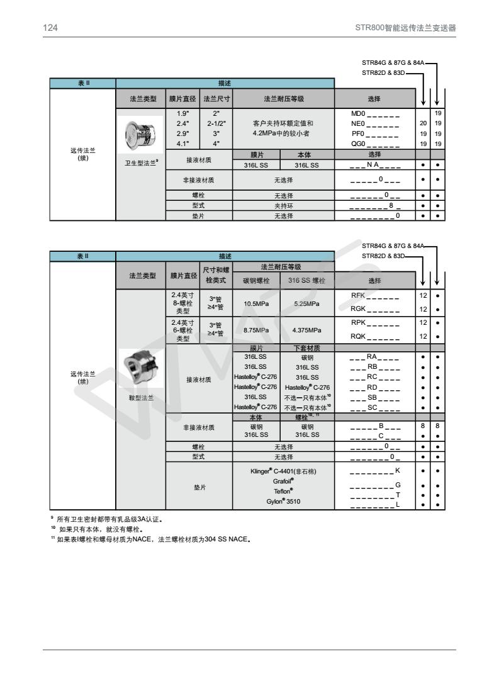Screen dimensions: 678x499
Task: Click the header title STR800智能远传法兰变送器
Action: (406, 28)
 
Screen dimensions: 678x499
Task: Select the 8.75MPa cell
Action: (256, 329)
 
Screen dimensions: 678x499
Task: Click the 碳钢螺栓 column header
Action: (256, 280)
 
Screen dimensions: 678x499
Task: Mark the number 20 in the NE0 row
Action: (423, 123)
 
